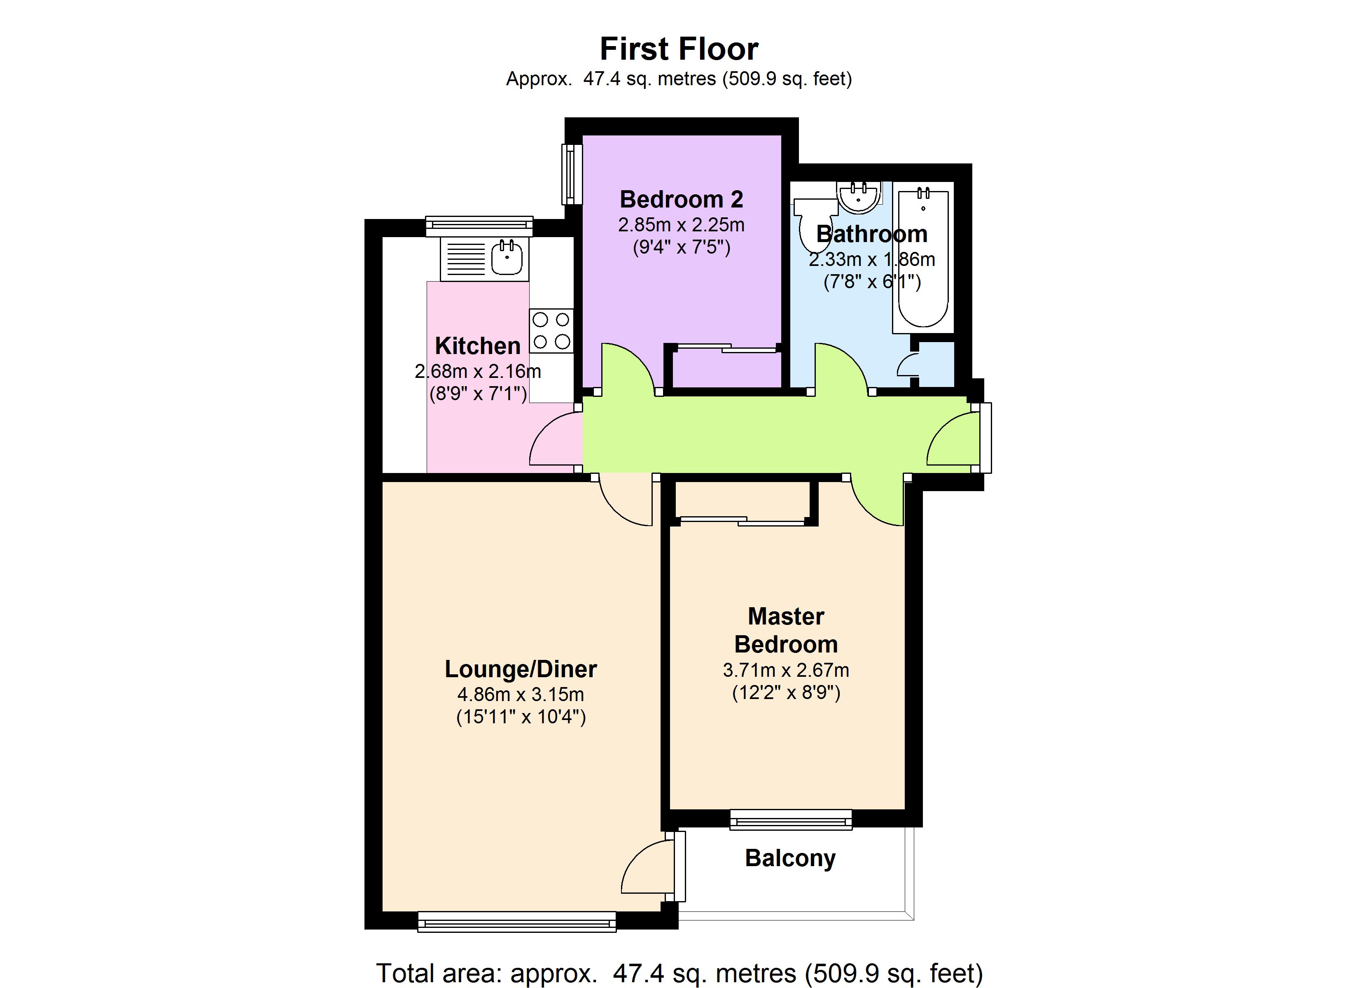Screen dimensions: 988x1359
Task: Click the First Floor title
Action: coord(679,49)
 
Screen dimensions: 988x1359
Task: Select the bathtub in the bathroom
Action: coord(923,258)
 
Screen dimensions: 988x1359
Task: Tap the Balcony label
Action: coord(790,858)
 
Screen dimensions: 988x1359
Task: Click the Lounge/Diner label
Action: coord(520,669)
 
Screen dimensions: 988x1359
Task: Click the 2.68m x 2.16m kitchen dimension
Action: coord(478,371)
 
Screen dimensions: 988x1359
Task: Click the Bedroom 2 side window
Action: coord(572,174)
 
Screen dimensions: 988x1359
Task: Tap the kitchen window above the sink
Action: coord(479,226)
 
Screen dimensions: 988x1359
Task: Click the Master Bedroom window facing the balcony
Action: coord(790,819)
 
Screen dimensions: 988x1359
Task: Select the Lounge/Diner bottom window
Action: coord(516,921)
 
